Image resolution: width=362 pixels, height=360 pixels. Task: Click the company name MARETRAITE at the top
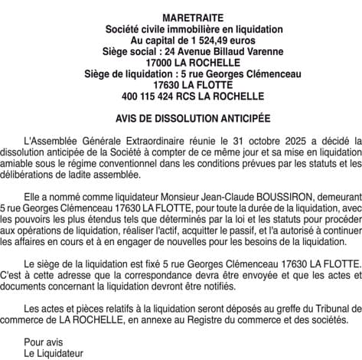(x=181, y=18)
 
